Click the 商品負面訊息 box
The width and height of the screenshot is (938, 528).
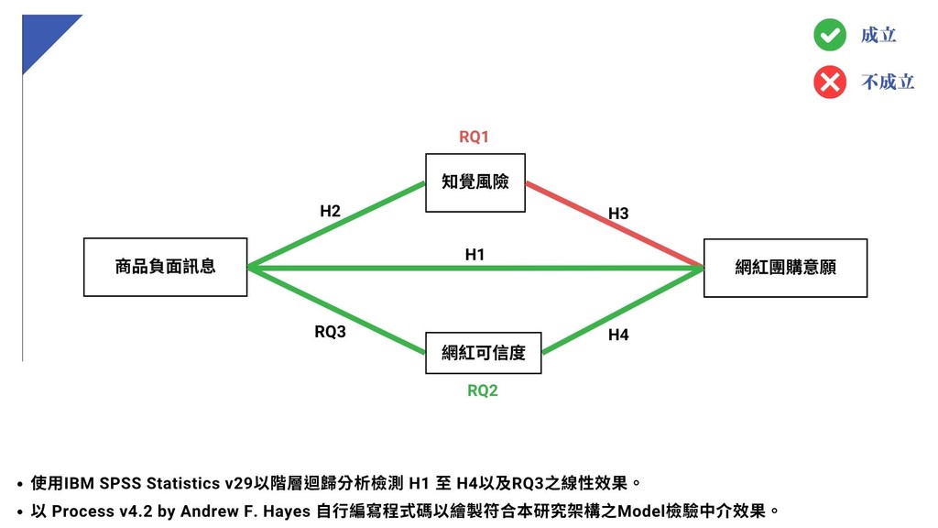click(165, 267)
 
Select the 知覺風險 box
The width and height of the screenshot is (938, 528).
click(474, 182)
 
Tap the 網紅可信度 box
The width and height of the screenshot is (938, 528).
click(484, 353)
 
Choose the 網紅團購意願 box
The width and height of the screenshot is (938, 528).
click(785, 267)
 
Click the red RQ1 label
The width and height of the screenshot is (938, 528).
click(474, 137)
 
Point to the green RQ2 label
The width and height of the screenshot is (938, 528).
click(483, 390)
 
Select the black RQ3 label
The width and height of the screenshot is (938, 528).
click(330, 332)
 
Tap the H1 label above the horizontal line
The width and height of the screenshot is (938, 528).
click(474, 254)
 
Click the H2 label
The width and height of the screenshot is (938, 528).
click(330, 211)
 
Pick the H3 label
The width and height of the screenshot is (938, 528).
click(618, 214)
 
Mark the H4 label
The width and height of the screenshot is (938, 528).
click(618, 335)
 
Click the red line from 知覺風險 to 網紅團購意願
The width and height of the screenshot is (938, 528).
click(614, 225)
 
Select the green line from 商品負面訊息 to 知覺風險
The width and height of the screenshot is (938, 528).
click(336, 225)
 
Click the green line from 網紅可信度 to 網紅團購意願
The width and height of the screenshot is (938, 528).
click(623, 310)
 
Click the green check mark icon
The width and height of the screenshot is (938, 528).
click(829, 35)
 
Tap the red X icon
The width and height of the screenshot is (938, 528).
click(829, 82)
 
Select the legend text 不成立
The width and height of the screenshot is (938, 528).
click(888, 82)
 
